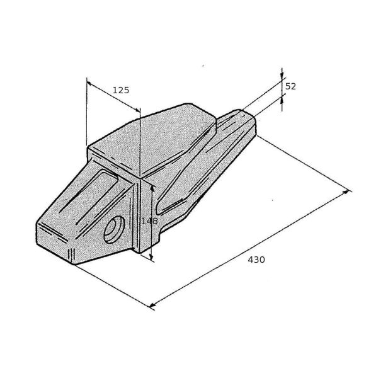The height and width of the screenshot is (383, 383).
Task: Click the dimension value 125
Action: click(x=121, y=90)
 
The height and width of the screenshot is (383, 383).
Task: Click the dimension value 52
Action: click(x=290, y=86)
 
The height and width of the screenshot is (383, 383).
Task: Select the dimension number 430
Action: click(x=256, y=260)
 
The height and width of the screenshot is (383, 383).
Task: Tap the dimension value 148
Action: click(x=149, y=221)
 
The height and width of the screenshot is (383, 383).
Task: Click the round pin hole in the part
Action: click(x=114, y=229)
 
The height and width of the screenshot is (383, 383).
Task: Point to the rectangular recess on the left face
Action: click(x=89, y=197)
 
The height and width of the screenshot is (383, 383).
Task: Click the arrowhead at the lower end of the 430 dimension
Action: click(x=152, y=306)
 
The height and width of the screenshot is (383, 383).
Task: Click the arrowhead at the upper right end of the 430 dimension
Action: click(x=346, y=192)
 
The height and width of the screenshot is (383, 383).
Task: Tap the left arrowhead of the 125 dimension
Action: click(x=89, y=84)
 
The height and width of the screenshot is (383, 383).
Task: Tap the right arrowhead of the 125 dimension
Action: click(x=138, y=110)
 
